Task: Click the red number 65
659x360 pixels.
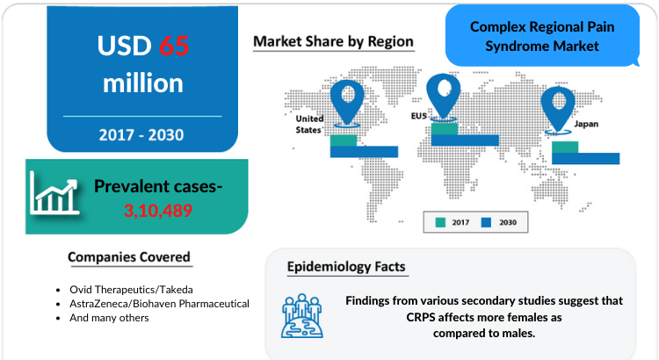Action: tap(174, 46)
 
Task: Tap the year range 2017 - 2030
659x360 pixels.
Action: tap(141, 135)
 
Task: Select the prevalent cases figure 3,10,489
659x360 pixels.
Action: tap(158, 211)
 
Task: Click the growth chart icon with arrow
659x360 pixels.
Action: tap(54, 194)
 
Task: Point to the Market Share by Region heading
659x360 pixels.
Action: tap(333, 41)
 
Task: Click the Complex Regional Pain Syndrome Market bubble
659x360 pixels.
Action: tap(542, 36)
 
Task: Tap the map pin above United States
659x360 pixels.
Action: tap(347, 104)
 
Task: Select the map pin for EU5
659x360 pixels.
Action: tap(444, 97)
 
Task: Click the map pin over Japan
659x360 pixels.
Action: tap(558, 111)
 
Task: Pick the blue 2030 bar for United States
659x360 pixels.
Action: tap(364, 152)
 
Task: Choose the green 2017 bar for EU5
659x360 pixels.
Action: tap(445, 128)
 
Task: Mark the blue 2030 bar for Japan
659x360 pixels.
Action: tap(586, 158)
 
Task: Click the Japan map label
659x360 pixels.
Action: tap(586, 124)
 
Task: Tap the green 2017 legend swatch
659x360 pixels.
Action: tap(440, 222)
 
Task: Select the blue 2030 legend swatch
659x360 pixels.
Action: tap(486, 222)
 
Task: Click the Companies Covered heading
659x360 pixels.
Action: tap(129, 256)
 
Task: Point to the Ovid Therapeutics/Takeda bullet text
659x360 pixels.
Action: tap(131, 290)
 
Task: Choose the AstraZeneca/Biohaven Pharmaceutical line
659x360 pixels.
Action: tap(159, 304)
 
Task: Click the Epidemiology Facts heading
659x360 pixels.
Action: tap(346, 266)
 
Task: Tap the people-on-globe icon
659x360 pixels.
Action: tap(301, 315)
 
